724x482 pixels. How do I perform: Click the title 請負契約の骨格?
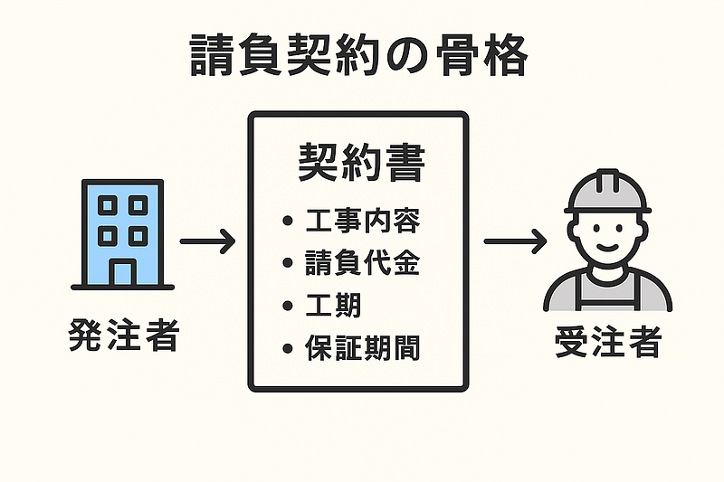click(360, 57)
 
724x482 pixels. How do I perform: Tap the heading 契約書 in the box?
click(360, 165)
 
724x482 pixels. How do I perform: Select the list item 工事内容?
click(363, 221)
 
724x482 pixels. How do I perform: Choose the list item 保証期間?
click(363, 348)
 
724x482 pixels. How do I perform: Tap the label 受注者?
click(609, 344)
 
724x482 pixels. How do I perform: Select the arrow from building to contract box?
click(207, 241)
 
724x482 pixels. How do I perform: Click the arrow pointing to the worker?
click(515, 241)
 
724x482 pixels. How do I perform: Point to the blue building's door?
click(122, 270)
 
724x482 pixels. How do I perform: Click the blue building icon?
click(122, 233)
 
